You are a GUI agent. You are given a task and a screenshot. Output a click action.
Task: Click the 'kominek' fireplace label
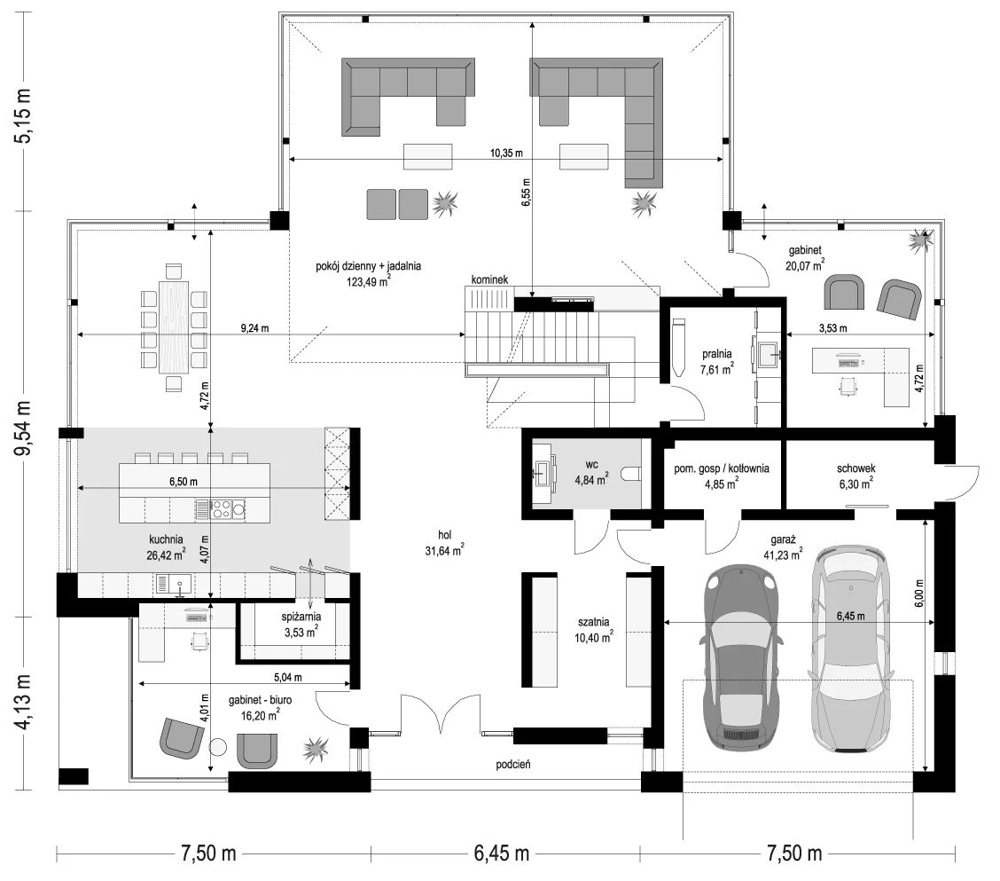click(x=489, y=279)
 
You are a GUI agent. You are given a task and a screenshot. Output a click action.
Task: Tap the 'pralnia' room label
click(x=717, y=354)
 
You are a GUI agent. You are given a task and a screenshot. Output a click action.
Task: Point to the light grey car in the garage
click(x=849, y=649)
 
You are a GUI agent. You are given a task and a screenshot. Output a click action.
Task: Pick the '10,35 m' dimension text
click(x=505, y=153)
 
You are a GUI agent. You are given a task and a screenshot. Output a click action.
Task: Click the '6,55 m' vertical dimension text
click(x=526, y=193)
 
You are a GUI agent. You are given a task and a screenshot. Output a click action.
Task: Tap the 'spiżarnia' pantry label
click(x=301, y=617)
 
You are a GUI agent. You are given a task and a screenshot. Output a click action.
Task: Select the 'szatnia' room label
click(x=594, y=622)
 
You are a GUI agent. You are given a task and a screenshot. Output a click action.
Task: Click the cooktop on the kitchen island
click(x=222, y=508)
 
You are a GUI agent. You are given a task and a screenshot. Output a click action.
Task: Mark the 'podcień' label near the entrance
click(x=513, y=764)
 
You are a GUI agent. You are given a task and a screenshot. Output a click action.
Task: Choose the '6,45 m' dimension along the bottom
click(x=501, y=853)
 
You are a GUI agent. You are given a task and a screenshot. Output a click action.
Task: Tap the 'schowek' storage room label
click(x=855, y=468)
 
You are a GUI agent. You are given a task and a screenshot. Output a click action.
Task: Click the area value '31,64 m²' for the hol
click(x=444, y=550)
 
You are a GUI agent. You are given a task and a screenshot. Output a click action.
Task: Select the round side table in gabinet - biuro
click(x=218, y=748)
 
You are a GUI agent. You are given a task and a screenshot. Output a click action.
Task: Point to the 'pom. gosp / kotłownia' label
click(x=722, y=468)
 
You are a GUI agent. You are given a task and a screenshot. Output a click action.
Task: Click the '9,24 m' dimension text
click(x=254, y=329)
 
